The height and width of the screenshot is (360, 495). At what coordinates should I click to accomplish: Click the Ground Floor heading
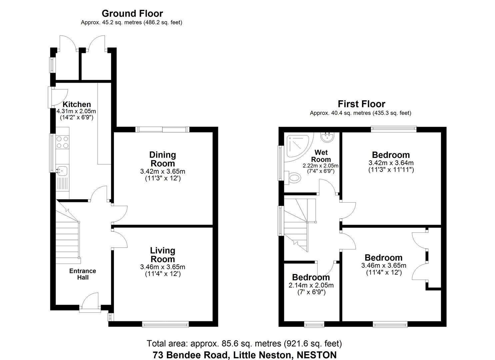(x=132, y=14)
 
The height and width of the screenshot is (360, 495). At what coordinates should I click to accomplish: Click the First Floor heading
(x=361, y=104)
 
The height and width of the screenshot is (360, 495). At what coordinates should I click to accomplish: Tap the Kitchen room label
(x=77, y=104)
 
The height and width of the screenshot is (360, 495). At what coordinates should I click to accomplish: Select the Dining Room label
(x=162, y=159)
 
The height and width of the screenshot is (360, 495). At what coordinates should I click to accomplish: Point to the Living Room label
(x=162, y=255)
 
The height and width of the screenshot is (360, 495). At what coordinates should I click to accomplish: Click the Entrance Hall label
(x=83, y=274)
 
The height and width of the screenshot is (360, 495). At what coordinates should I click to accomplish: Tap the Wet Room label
(x=321, y=156)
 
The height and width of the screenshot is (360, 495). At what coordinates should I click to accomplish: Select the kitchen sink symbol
(x=62, y=171)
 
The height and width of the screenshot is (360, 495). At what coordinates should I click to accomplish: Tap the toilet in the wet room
(x=293, y=177)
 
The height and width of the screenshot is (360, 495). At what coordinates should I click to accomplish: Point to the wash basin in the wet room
(x=326, y=136)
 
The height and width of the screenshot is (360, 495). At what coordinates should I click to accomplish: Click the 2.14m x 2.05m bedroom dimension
(x=311, y=285)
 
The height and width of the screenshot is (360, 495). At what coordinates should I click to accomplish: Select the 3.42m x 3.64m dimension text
(x=391, y=163)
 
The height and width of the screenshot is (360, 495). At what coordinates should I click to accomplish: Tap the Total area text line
(x=244, y=343)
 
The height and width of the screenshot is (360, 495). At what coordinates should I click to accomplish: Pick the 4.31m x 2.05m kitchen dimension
(x=76, y=111)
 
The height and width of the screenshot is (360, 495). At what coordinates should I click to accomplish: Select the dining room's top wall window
(x=162, y=129)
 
